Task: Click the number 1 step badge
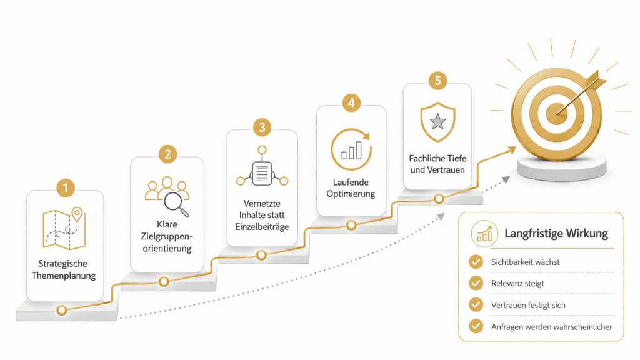click(x=65, y=188)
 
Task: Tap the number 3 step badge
click(x=262, y=127)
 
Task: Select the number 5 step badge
click(x=438, y=81)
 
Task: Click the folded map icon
click(x=64, y=229)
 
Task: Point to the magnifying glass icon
click(x=176, y=204)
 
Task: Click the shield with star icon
click(x=438, y=122)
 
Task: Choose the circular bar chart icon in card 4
click(x=351, y=149)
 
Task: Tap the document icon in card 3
click(x=262, y=174)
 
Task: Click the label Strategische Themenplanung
click(x=64, y=269)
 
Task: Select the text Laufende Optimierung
click(x=351, y=187)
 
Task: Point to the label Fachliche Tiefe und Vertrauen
click(x=437, y=164)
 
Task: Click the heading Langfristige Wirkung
click(x=556, y=234)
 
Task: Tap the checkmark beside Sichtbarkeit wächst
click(x=476, y=262)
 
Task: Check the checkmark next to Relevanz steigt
click(x=476, y=283)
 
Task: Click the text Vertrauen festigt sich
click(x=528, y=305)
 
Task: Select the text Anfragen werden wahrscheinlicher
click(x=552, y=326)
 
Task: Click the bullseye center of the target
click(x=556, y=111)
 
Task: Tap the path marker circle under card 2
click(x=164, y=281)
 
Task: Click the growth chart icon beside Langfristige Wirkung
click(x=484, y=234)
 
